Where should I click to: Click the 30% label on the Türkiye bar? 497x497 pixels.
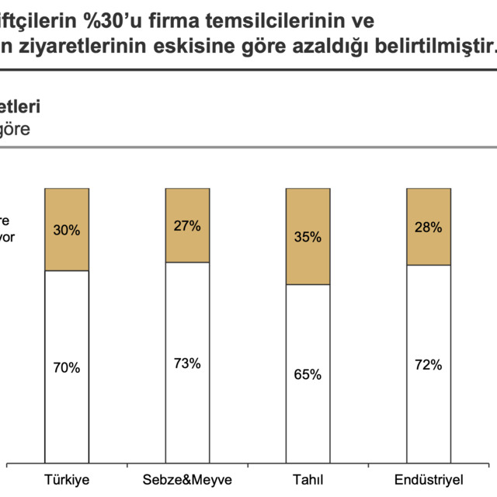point(67,230)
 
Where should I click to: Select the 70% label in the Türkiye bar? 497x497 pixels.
point(67,368)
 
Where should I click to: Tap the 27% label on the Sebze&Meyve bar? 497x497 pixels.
point(187,226)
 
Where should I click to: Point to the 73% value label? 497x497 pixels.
point(187,363)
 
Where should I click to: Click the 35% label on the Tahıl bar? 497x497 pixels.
point(308,237)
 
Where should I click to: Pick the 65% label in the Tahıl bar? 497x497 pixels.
point(308,374)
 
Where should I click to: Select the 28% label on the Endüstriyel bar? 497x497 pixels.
point(428,227)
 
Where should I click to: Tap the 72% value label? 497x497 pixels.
point(428,364)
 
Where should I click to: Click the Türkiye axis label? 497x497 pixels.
point(68,479)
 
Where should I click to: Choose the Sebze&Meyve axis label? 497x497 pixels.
point(187,479)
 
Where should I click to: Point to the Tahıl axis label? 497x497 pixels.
point(308,479)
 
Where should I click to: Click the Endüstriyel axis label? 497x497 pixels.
point(428,479)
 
